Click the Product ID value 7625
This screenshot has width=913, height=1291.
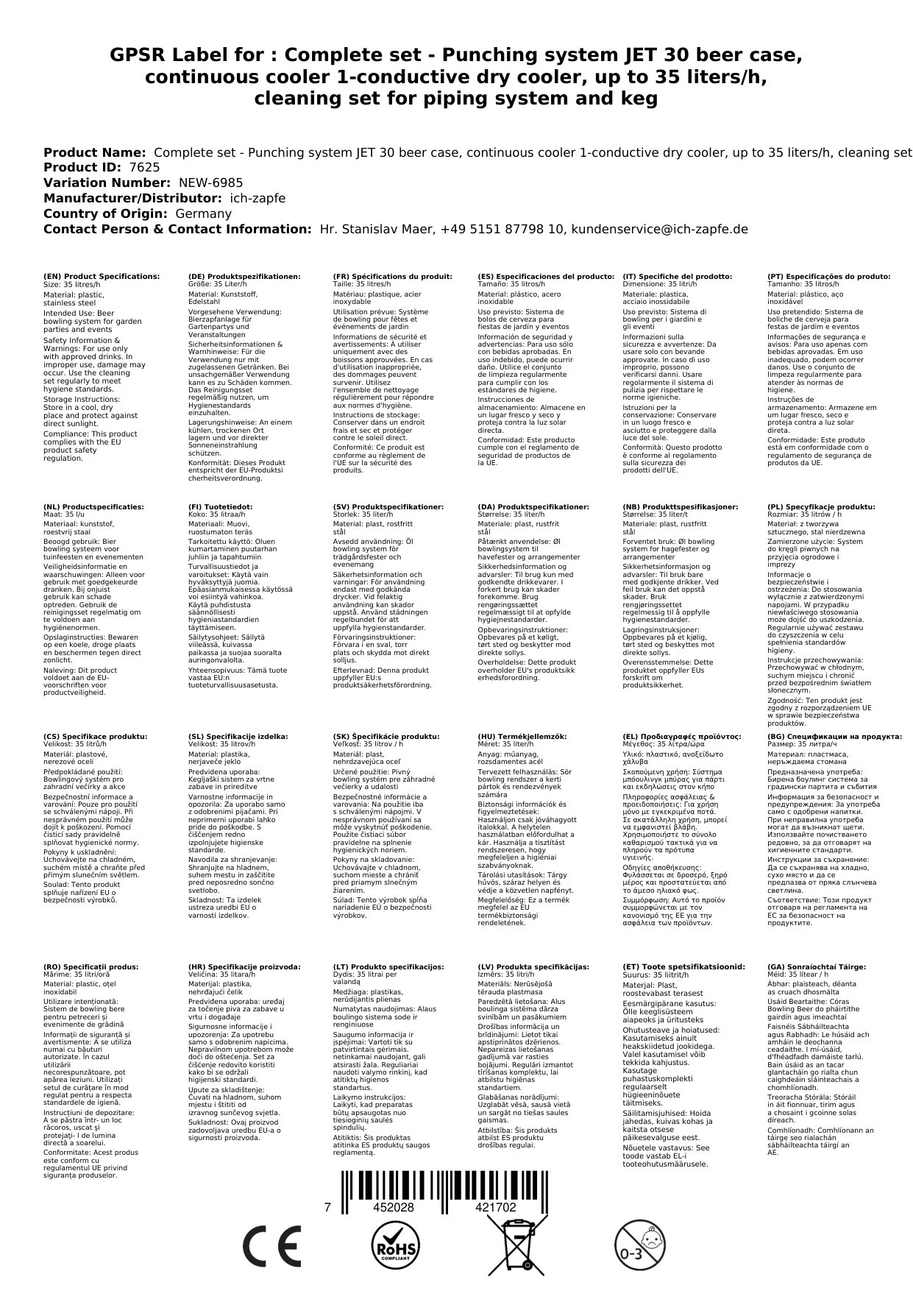coord(144,167)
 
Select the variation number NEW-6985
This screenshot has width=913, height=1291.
coord(210,183)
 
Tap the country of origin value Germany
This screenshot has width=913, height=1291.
coord(203,213)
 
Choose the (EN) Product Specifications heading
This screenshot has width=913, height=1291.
coord(102,277)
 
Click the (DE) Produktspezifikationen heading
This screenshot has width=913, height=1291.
coord(244,277)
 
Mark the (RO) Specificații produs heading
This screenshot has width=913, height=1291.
coord(91,966)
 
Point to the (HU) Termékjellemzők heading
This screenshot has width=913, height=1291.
coord(522,736)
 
